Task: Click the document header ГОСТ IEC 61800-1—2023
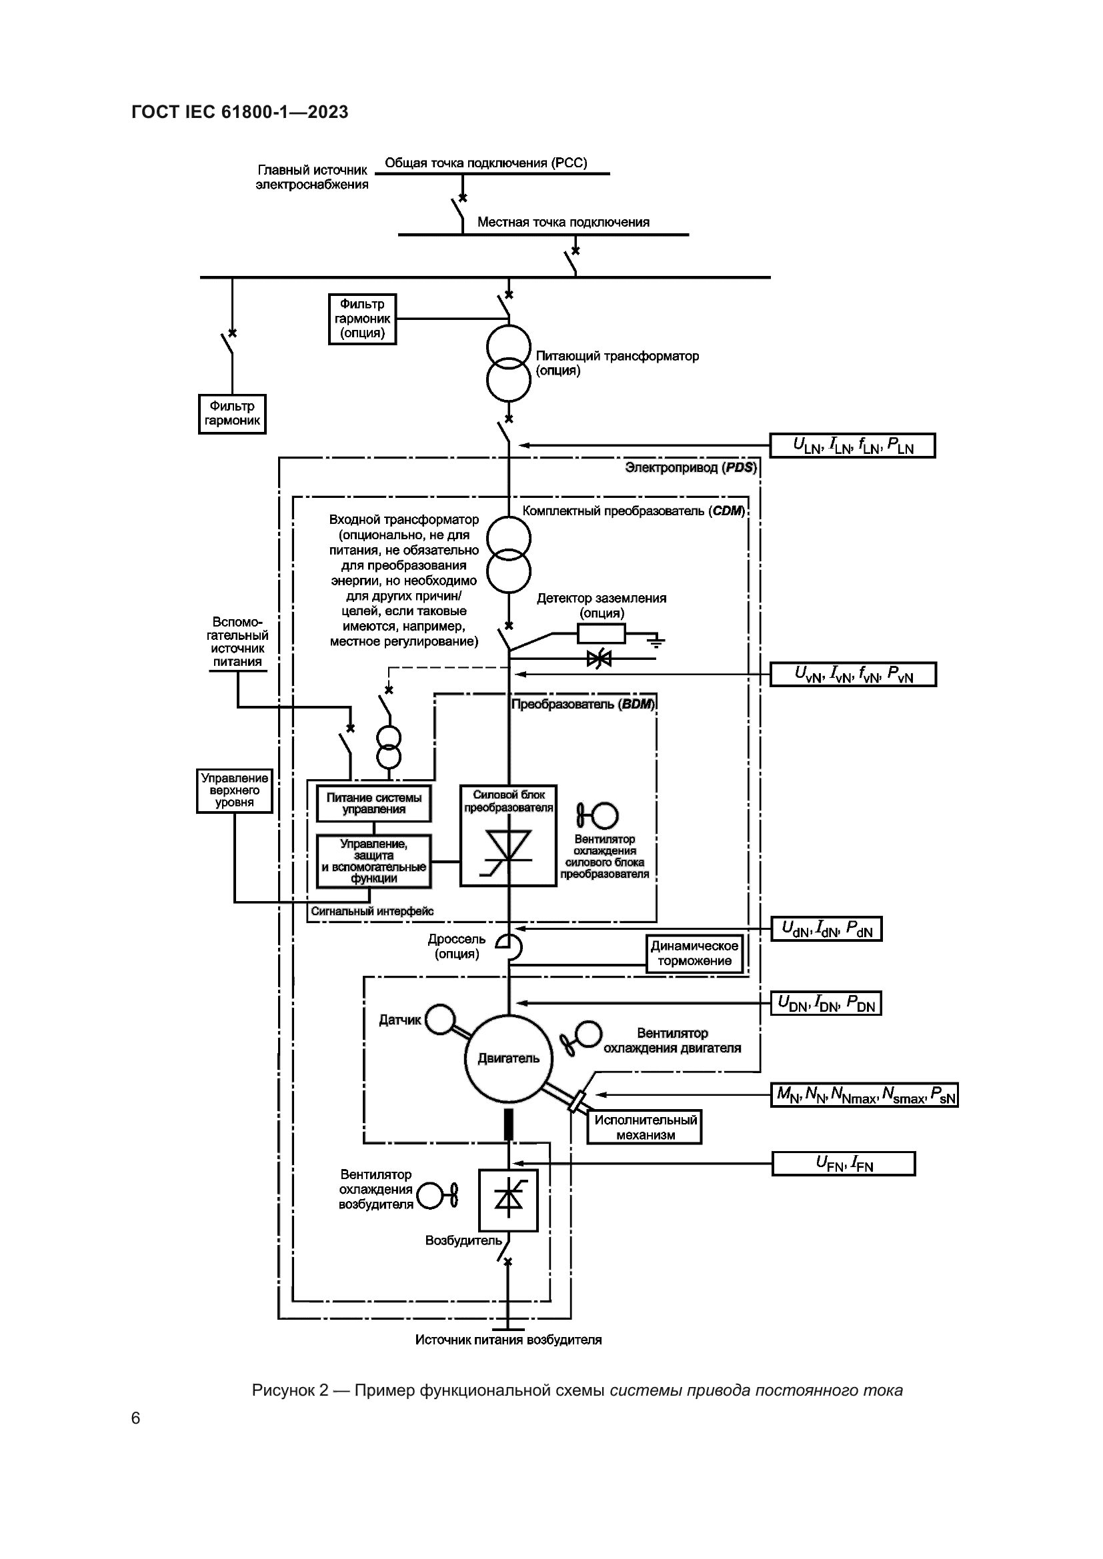pos(240,112)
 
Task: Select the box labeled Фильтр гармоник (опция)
pos(362,319)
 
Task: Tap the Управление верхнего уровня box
pos(234,790)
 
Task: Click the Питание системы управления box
pos(373,803)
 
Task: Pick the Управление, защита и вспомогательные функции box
pos(373,861)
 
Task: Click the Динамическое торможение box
pos(694,953)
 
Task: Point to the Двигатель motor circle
pos(509,1058)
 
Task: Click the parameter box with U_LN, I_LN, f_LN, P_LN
pos(852,445)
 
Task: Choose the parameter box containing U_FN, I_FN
pos(844,1164)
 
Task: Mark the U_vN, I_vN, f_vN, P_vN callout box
pos(853,675)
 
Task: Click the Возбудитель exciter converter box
pos(508,1200)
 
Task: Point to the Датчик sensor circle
pos(441,1019)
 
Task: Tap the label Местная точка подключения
pos(563,222)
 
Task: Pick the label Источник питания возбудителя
pos(508,1340)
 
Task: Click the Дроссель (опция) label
pos(456,946)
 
